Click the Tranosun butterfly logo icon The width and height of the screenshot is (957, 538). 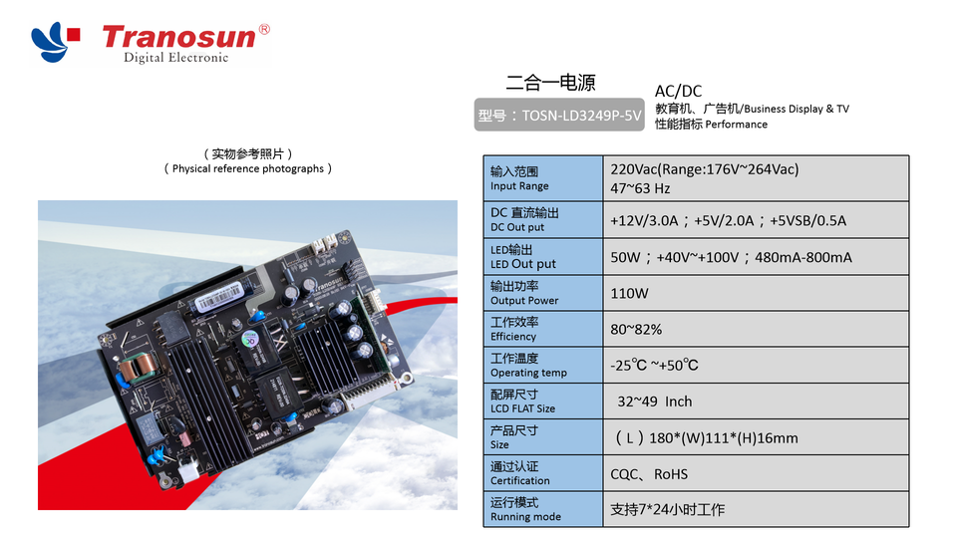[x=56, y=39]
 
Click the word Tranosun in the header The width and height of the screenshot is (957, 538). [x=179, y=37]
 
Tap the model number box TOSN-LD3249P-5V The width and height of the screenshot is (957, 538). [x=559, y=116]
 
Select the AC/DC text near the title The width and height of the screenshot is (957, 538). [x=678, y=91]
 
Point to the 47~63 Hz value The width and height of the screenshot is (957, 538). [x=640, y=188]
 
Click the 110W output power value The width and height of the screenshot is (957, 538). [x=629, y=294]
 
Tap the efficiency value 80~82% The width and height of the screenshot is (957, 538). [x=636, y=330]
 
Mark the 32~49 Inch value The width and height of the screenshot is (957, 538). [x=654, y=402]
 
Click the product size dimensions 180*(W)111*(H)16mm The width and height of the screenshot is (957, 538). [x=706, y=438]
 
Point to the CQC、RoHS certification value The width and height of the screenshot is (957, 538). [x=649, y=474]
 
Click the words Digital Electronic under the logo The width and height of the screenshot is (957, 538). [x=175, y=58]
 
